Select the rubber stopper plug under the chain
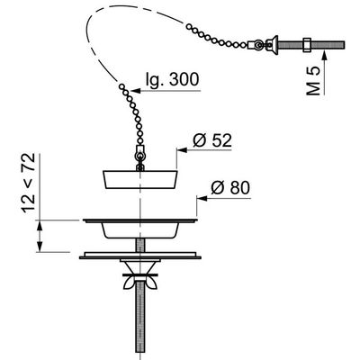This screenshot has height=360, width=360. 140,176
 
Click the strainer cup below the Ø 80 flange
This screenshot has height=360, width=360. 140,229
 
